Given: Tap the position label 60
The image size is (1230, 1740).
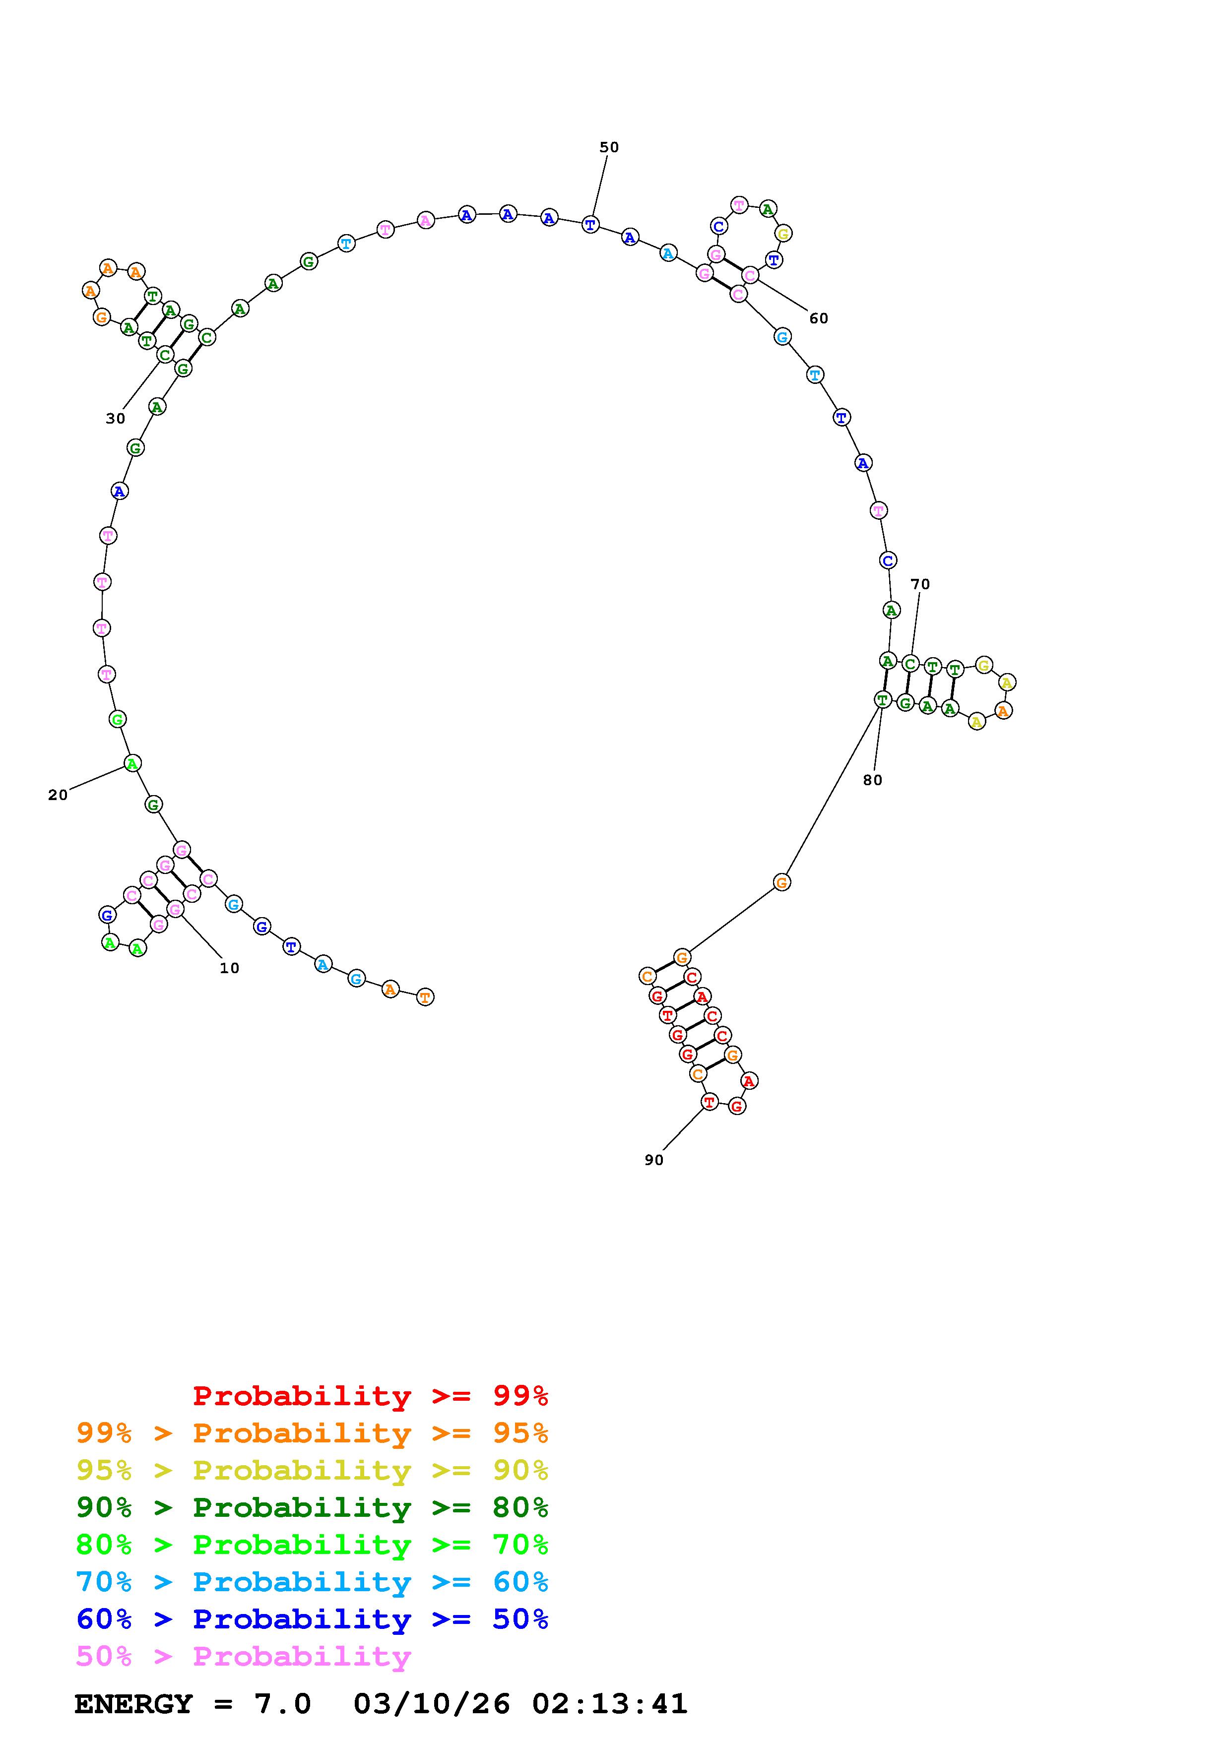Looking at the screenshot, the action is [819, 319].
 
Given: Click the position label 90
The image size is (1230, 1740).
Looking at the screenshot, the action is [653, 1160].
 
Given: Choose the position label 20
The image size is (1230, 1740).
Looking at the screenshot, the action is [58, 796].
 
